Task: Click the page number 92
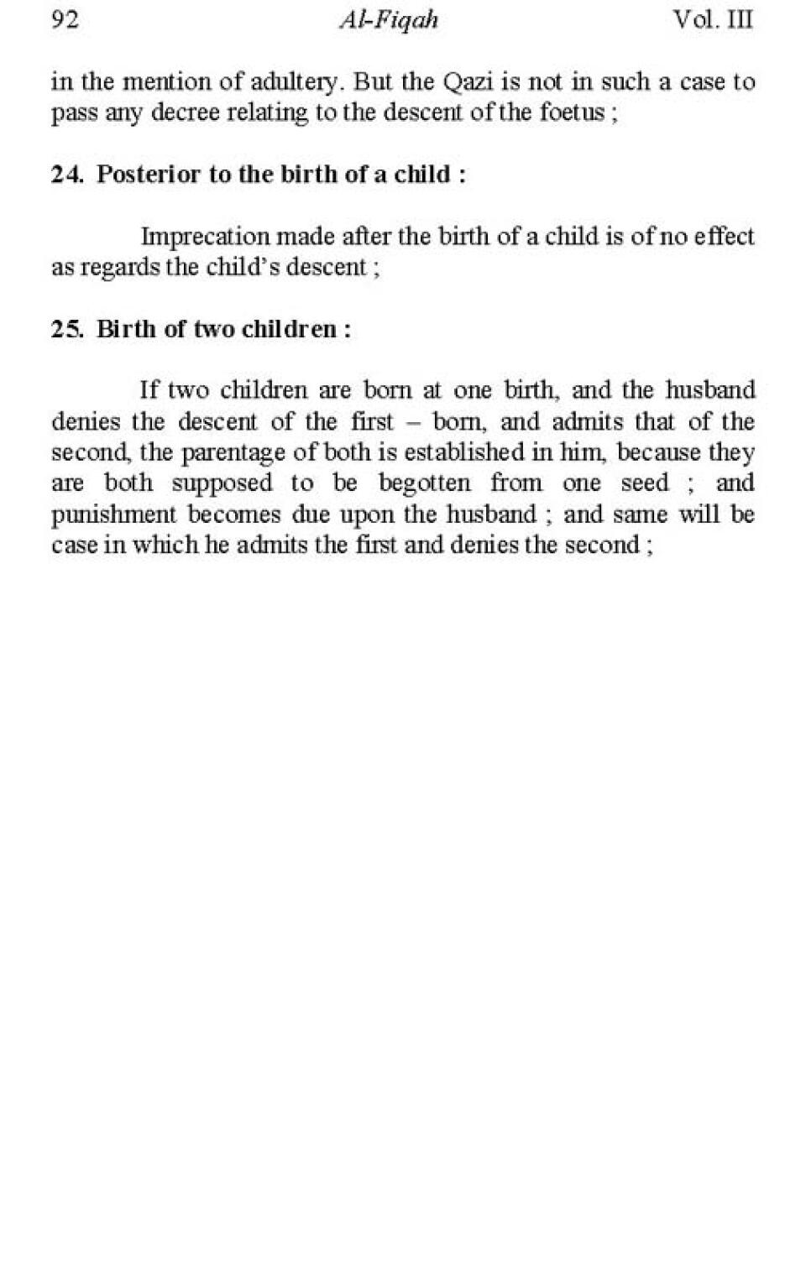click(65, 19)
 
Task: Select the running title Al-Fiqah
click(389, 20)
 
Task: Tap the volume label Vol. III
click(713, 19)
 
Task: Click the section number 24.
click(65, 175)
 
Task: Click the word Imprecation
click(206, 237)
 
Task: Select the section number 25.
click(65, 329)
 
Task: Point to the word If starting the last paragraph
click(149, 390)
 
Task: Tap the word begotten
click(424, 483)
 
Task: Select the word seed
click(645, 483)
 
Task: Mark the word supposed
click(222, 484)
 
